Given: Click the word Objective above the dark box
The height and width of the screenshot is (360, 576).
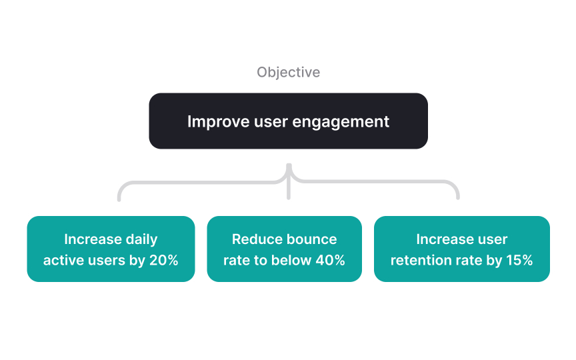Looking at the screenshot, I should [x=288, y=72].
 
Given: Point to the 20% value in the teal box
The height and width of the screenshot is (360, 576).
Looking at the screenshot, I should [x=164, y=260].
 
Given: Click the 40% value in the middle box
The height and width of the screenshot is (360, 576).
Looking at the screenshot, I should [x=330, y=260].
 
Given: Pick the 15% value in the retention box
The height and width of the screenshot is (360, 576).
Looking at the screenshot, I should [x=519, y=260].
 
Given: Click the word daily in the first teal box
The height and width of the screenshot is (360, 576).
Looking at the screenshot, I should [x=140, y=239].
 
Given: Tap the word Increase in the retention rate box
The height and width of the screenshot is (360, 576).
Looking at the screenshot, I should [x=443, y=239].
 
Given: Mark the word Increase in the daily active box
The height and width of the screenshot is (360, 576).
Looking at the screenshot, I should [x=91, y=239].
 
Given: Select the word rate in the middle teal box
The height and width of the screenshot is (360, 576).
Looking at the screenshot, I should [x=236, y=260].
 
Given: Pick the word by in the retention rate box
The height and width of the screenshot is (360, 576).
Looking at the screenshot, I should [x=494, y=260].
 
